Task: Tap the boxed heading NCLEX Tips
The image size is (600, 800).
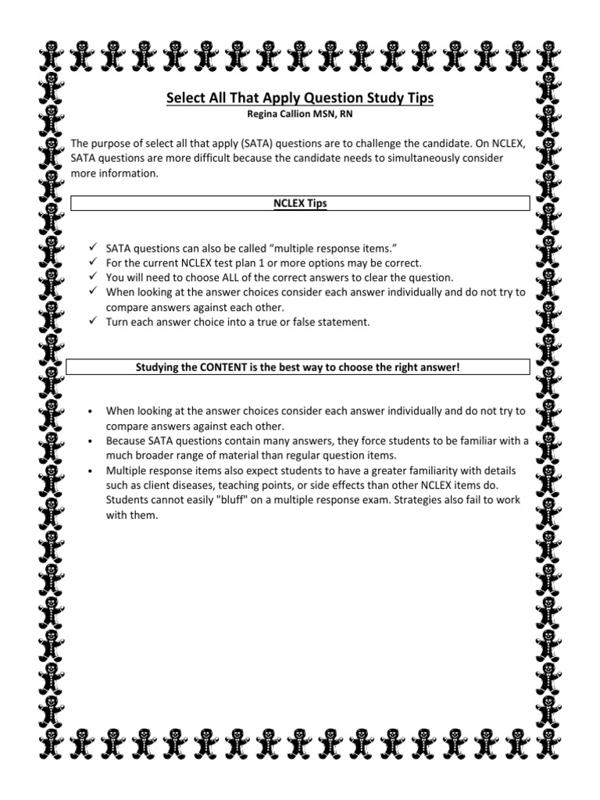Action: point(300,203)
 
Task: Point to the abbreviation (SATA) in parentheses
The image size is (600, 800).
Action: point(221,145)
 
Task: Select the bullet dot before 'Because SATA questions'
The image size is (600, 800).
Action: point(92,441)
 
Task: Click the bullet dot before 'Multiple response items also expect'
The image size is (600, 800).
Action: point(92,471)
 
